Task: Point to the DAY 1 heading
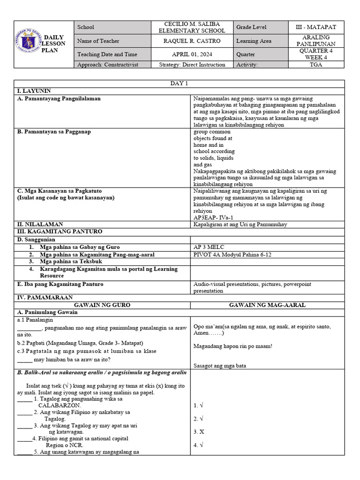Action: click(x=180, y=83)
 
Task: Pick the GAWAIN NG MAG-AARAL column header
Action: click(x=267, y=305)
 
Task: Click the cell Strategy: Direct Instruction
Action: click(x=192, y=65)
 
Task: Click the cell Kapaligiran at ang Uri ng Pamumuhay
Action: click(x=240, y=225)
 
